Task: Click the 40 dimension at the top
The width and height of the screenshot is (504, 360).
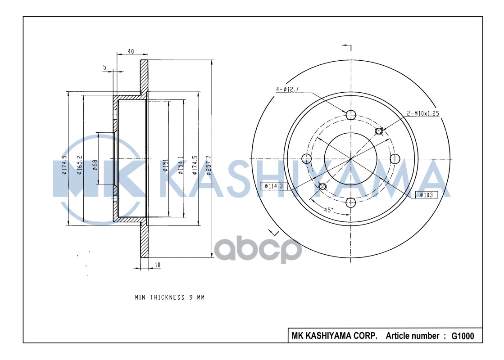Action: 131,51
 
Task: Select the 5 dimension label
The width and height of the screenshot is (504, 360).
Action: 105,67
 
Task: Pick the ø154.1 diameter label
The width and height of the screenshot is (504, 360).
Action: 180,165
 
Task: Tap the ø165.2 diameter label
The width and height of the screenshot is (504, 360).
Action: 80,165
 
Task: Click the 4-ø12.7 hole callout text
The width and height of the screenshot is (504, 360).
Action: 288,90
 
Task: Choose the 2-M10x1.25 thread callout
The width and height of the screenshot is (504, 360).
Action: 423,113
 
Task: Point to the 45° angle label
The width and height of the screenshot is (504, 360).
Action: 329,210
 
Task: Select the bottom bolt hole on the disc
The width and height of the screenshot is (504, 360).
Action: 351,202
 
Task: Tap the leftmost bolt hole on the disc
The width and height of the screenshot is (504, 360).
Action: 307,158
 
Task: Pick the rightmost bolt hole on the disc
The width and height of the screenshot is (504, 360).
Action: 395,158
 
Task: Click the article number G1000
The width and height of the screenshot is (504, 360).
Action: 463,336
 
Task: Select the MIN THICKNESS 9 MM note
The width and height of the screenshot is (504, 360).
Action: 170,297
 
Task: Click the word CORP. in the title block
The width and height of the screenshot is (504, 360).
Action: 368,336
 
